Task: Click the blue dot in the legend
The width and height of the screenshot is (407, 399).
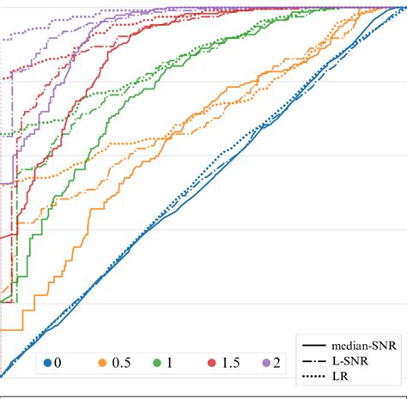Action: point(49,364)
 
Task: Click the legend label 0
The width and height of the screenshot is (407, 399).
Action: point(58,364)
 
